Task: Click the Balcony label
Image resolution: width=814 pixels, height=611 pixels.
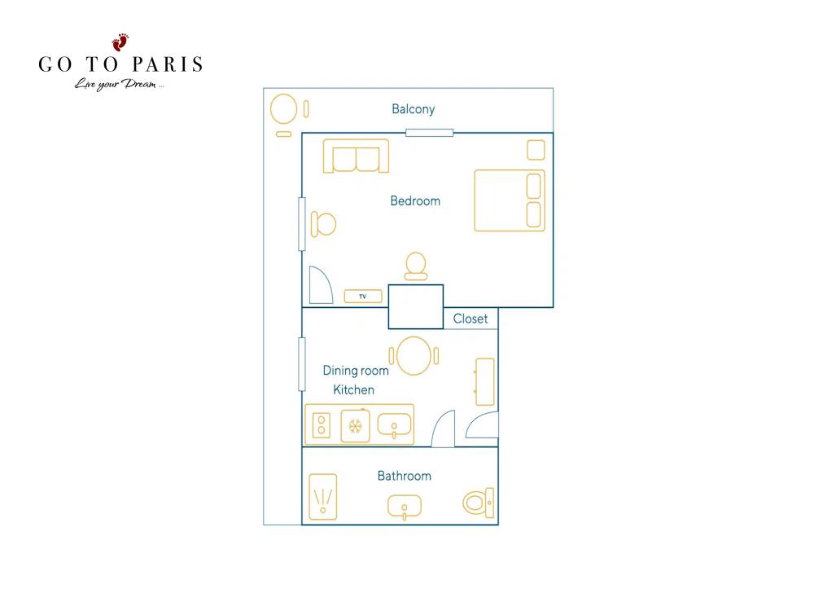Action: coord(414,109)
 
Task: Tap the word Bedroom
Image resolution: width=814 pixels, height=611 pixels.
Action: coord(415,201)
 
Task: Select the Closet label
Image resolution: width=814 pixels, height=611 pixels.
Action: coord(470,319)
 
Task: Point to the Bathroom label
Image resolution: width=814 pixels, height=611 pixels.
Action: coord(405,476)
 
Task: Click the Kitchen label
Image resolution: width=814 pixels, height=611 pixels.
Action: coord(353,389)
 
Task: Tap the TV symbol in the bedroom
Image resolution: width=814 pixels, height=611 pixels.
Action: coord(363,297)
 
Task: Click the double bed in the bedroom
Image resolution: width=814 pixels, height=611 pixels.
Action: coord(510,200)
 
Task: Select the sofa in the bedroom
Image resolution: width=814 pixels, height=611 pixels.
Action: coord(356,156)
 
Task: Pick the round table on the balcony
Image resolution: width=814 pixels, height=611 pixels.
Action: coord(283,109)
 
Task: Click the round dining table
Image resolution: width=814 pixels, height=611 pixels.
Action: coord(414,356)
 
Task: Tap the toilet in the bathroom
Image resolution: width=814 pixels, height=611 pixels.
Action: coord(478,503)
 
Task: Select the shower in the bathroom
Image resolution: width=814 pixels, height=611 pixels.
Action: coord(323,497)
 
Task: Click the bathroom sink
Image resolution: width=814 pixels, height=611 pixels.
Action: coord(405,507)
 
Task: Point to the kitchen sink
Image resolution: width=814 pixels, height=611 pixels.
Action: coord(394,426)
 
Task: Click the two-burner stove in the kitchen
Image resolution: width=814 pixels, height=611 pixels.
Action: coord(322,425)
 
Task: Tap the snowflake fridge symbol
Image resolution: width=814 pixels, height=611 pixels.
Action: coord(355,427)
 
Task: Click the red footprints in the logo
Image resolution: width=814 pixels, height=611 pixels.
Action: coord(120,42)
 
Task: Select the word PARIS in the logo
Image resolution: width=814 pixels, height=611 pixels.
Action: coord(167,64)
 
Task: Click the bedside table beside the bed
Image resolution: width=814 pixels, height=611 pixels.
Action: coord(536,150)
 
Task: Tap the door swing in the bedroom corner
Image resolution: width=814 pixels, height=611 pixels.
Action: coord(321,284)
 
